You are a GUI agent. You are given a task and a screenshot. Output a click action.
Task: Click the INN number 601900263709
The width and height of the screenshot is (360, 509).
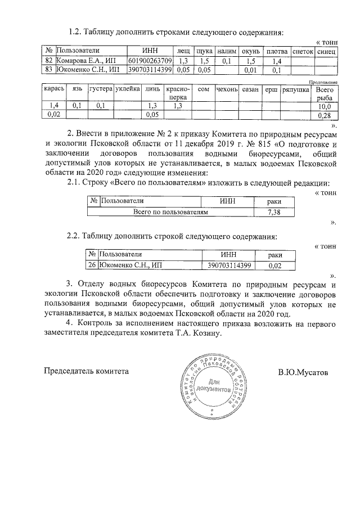coord(150,60)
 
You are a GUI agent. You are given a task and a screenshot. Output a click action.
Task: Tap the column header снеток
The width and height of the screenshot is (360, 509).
coord(303,51)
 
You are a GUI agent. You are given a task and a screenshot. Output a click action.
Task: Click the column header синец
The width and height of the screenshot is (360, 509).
coord(326,51)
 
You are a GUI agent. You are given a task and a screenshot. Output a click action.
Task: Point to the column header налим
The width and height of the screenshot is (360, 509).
coord(227,51)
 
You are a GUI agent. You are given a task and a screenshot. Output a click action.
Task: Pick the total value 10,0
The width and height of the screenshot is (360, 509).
coord(324,106)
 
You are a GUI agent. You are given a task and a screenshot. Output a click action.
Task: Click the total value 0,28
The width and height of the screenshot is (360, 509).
coord(324,115)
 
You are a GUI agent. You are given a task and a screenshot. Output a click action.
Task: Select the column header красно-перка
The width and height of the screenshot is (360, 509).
coord(178,93)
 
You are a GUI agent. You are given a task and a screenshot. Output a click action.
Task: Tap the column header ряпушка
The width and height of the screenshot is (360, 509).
coord(295,89)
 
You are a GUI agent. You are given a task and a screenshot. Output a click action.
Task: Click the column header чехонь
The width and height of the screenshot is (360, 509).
coord(228,89)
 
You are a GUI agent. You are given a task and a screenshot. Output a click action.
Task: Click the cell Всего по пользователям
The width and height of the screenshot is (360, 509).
coord(170,212)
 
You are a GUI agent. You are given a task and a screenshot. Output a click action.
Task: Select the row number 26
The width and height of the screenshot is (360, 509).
coord(93,264)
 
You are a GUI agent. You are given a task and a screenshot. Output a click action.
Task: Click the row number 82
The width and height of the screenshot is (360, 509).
coord(48,60)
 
